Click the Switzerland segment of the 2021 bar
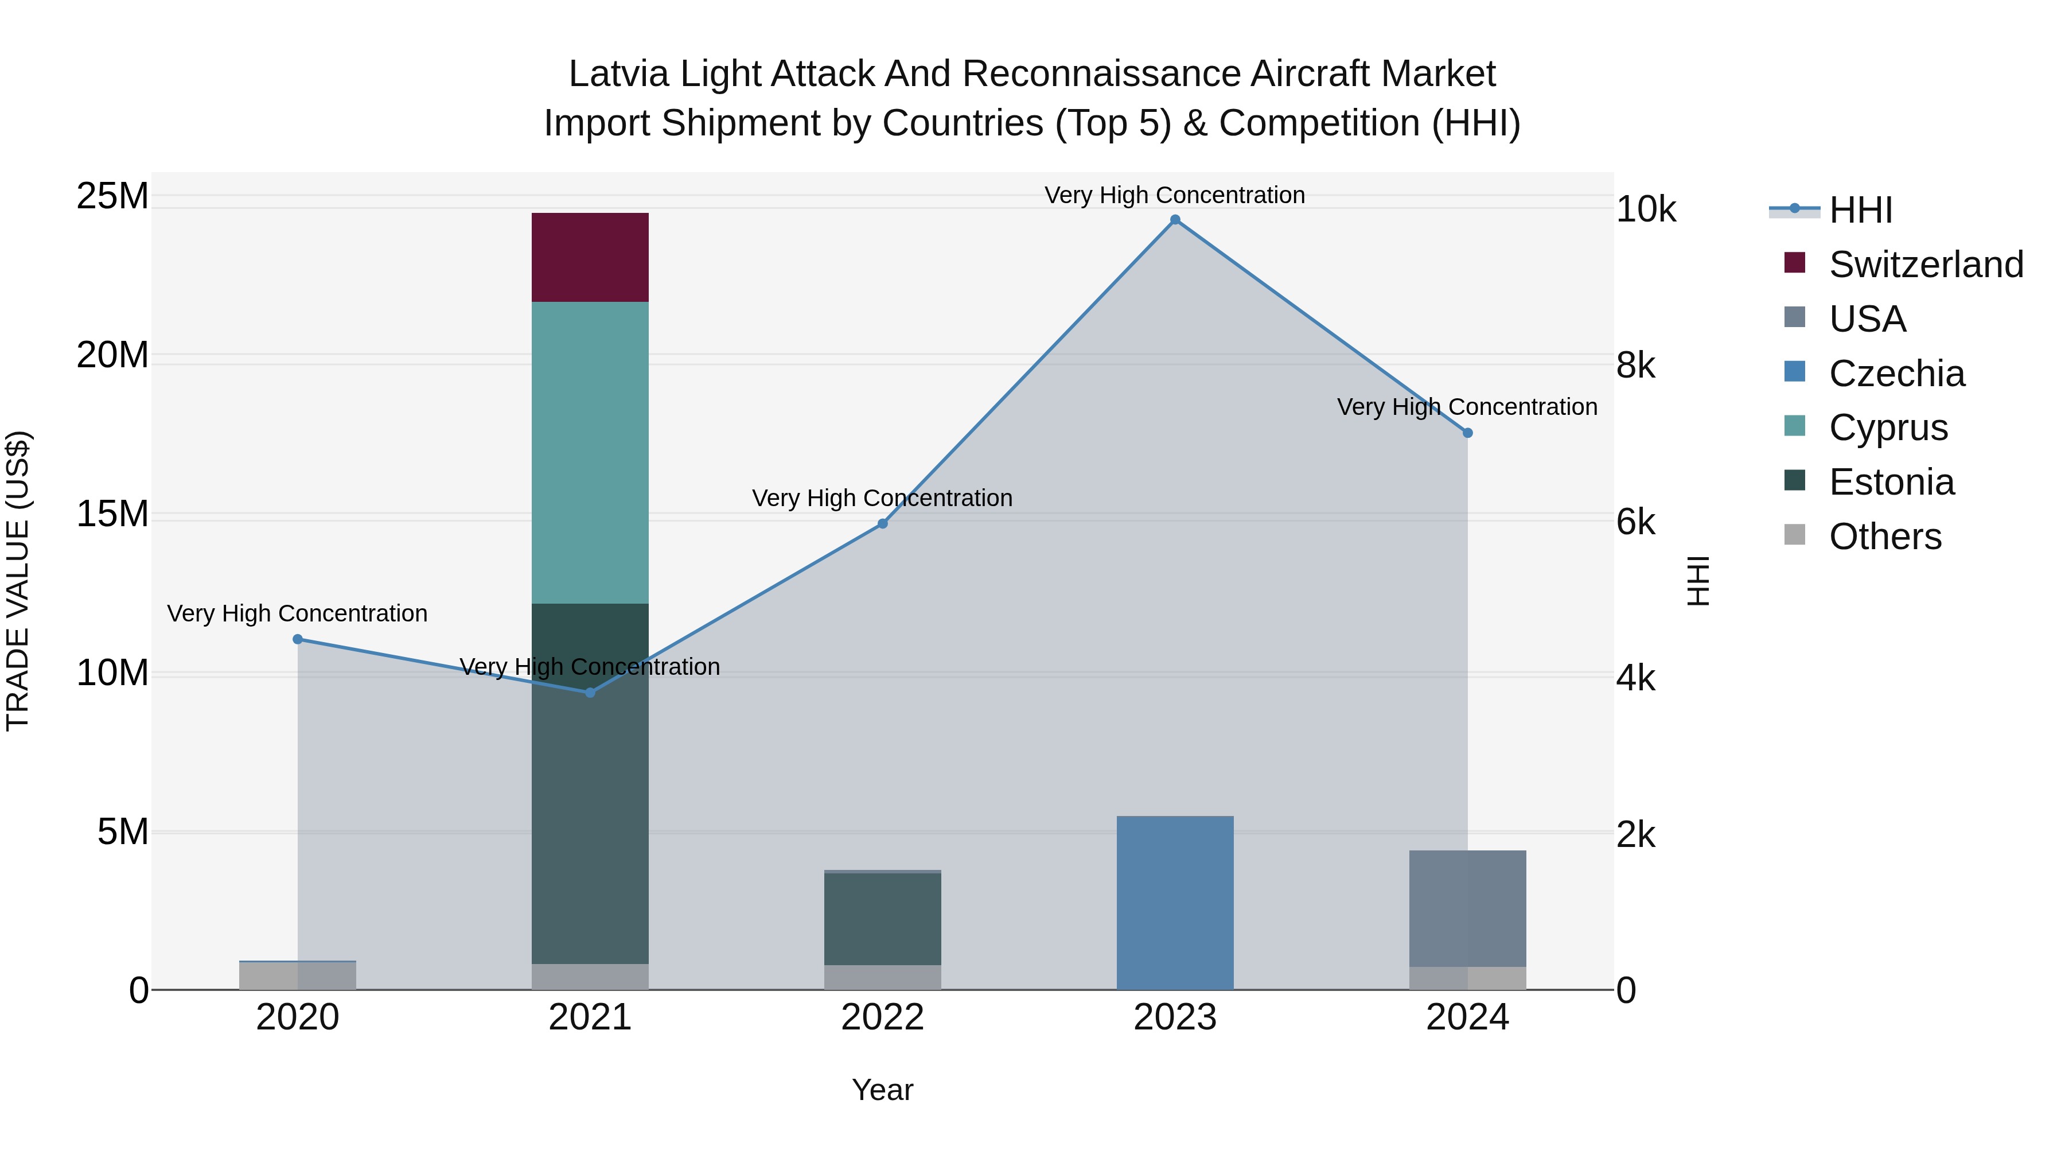(x=590, y=258)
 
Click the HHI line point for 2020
(x=297, y=639)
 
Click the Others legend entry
(x=1885, y=537)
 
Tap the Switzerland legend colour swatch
(x=1794, y=263)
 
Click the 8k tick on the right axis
(x=1635, y=366)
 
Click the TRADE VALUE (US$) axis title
(x=18, y=581)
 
